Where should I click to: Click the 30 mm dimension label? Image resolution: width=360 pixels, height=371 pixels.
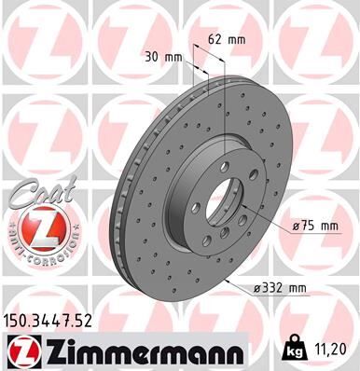click(x=166, y=56)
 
